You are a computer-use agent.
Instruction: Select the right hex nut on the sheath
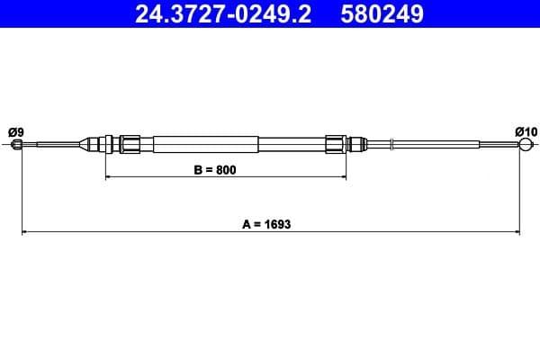336,144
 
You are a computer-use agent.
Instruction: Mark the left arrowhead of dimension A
24,233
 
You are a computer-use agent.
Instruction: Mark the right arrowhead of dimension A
517,233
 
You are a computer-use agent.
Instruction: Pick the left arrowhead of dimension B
110,178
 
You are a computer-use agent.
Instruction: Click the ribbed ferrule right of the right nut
357,144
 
